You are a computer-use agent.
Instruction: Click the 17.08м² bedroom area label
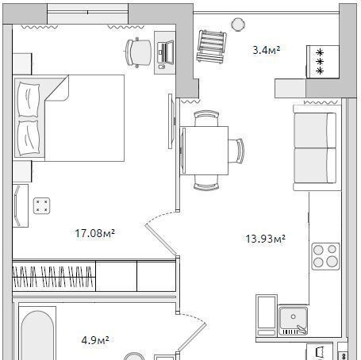pyautogui.click(x=94, y=233)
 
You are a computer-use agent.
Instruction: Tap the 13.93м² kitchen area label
pyautogui.click(x=265, y=239)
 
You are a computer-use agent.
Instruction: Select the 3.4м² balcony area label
pyautogui.click(x=266, y=50)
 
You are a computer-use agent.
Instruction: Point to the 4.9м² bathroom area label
pyautogui.click(x=95, y=340)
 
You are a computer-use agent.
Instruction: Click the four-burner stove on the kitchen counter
pyautogui.click(x=325, y=256)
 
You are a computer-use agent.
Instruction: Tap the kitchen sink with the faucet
pyautogui.click(x=294, y=320)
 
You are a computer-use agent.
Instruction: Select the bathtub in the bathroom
pyautogui.click(x=37, y=334)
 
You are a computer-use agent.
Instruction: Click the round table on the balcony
pyautogui.click(x=238, y=25)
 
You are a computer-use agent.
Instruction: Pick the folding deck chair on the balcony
pyautogui.click(x=211, y=47)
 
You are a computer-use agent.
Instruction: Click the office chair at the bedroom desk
pyautogui.click(x=138, y=52)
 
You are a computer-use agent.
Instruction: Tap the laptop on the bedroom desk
pyautogui.click(x=165, y=53)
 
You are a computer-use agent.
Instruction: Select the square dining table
pyautogui.click(x=204, y=151)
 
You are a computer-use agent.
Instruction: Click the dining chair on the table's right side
pyautogui.click(x=236, y=151)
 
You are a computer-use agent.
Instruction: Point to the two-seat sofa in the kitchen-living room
pyautogui.click(x=317, y=147)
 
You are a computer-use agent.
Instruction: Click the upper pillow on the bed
pyautogui.click(x=29, y=99)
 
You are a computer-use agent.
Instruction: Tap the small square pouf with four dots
pyautogui.click(x=42, y=205)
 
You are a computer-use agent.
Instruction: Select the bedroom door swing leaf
pyautogui.click(x=160, y=240)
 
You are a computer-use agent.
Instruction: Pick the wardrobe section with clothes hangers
pyautogui.click(x=54, y=276)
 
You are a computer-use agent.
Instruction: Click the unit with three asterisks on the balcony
pyautogui.click(x=323, y=62)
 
